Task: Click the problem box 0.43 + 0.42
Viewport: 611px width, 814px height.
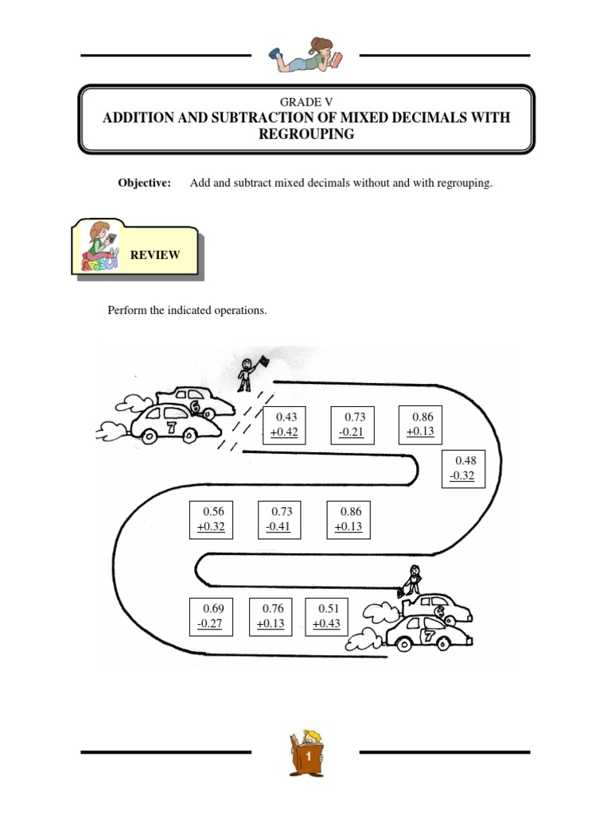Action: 285,425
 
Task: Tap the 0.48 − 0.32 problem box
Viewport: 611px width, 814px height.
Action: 464,469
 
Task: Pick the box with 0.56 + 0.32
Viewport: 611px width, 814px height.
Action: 212,519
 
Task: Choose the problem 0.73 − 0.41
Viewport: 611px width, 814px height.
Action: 280,519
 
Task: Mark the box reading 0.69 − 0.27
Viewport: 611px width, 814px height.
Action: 212,616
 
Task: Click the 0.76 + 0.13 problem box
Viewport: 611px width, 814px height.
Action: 271,616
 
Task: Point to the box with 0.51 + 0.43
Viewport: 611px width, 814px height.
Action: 327,616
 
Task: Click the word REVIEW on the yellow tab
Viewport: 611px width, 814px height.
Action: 156,255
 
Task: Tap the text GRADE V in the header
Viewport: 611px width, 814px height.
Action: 305,101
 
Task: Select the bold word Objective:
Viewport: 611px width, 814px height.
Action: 145,184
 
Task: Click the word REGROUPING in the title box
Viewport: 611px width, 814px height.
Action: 305,134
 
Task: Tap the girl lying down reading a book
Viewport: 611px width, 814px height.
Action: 305,56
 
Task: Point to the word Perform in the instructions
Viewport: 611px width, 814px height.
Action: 126,310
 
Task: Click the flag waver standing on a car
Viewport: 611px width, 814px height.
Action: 412,580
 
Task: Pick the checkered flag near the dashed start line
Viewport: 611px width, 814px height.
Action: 263,362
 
